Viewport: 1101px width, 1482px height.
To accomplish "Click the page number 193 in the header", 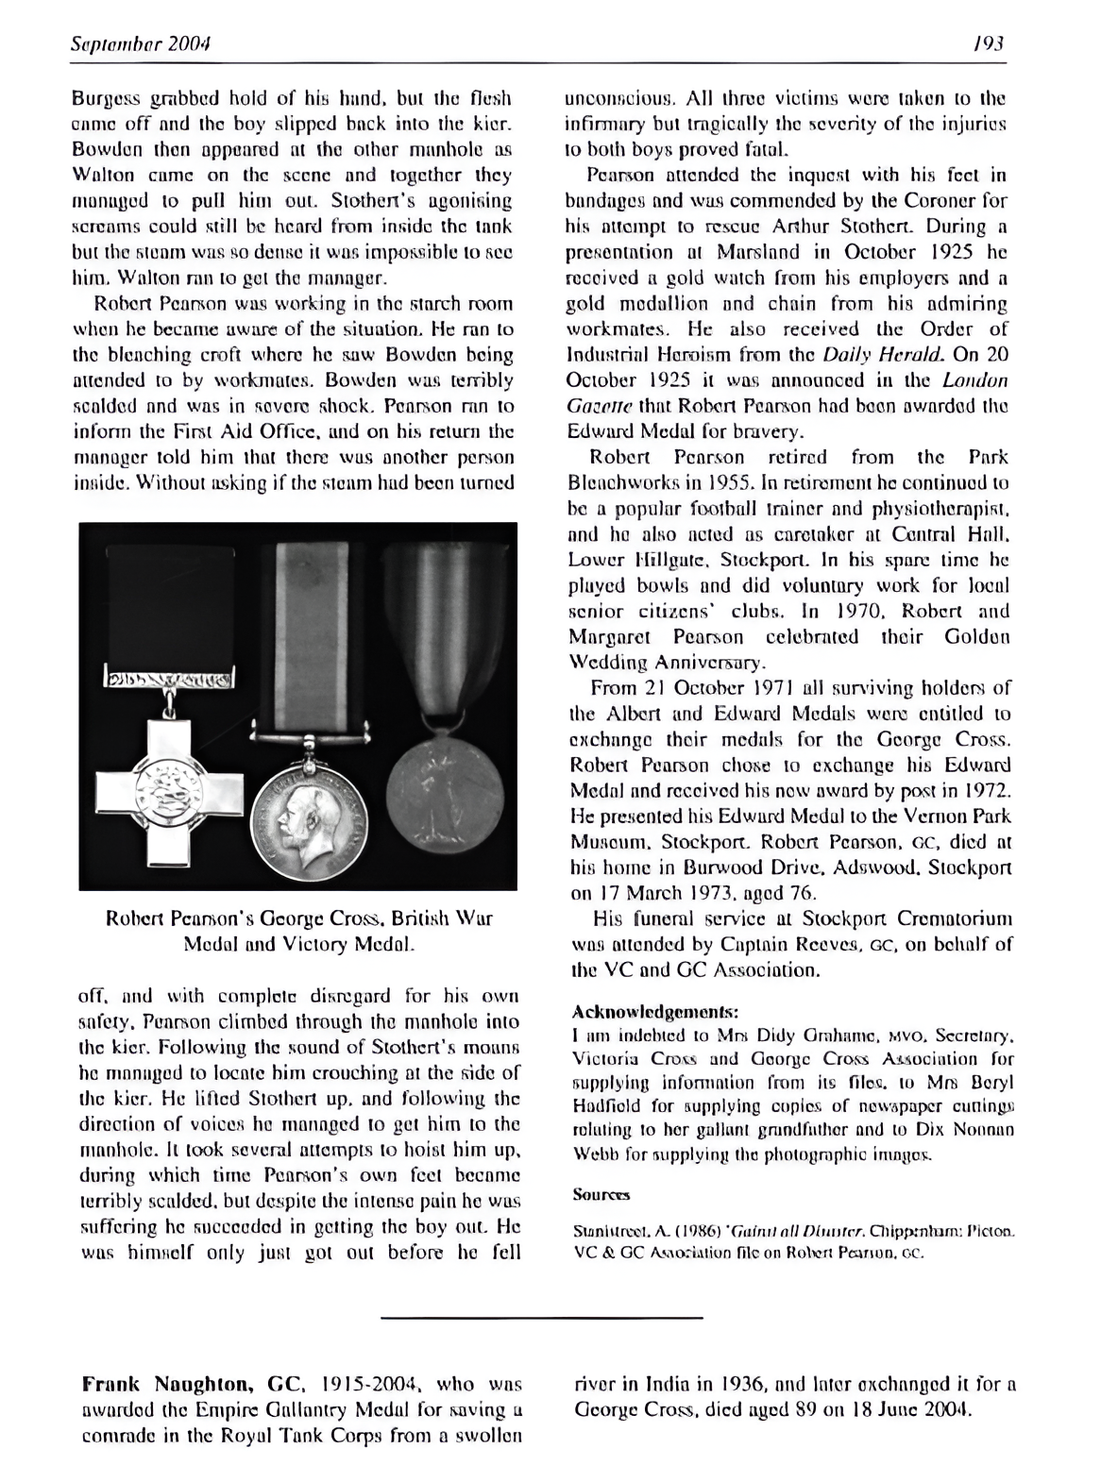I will (991, 44).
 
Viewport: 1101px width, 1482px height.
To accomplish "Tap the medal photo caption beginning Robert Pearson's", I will (299, 930).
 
